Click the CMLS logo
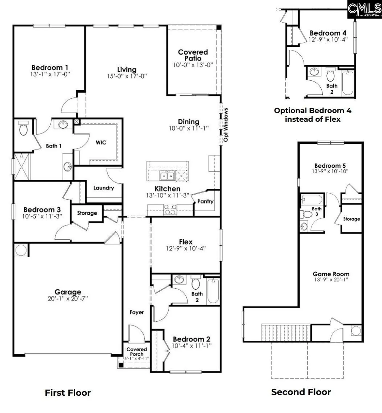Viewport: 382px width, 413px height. (x=364, y=9)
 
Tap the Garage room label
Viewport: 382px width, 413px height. (x=68, y=292)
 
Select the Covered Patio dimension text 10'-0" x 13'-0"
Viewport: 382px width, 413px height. (x=193, y=65)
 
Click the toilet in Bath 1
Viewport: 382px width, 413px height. (x=23, y=128)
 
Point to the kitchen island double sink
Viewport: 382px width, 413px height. (x=167, y=175)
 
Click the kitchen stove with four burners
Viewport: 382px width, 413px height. (x=170, y=209)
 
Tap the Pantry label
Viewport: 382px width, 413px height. (x=205, y=201)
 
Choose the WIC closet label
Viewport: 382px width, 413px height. (x=101, y=142)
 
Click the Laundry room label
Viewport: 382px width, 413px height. (x=103, y=188)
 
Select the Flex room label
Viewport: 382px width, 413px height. (x=186, y=242)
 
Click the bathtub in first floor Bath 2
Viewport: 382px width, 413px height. (x=213, y=291)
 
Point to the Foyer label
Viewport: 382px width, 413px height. (x=137, y=312)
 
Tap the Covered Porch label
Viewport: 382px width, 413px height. (x=137, y=352)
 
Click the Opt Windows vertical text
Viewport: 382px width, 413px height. (x=226, y=125)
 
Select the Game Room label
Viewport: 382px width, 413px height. (x=331, y=274)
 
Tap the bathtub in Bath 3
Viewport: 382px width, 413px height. (x=312, y=199)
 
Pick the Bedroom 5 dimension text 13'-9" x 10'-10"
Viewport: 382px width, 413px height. (x=330, y=171)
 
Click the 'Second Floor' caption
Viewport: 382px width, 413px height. (x=301, y=392)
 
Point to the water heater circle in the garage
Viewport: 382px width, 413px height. (x=21, y=250)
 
